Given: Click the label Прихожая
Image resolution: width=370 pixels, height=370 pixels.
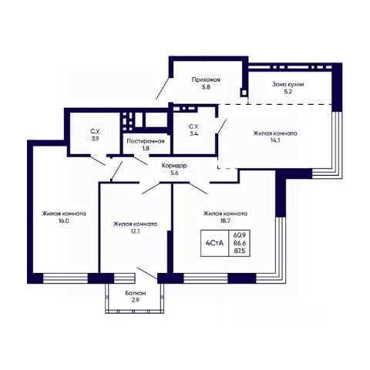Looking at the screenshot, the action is (206, 79).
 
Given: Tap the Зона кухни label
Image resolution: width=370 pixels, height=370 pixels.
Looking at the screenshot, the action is (288, 84).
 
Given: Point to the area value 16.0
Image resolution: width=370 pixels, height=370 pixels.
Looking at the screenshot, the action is (64, 220).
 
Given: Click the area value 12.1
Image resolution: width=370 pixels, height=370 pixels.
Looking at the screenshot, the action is (135, 231).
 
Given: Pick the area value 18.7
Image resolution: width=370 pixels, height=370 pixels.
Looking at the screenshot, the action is (225, 220).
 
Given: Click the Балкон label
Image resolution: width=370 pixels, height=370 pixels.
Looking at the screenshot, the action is (136, 293).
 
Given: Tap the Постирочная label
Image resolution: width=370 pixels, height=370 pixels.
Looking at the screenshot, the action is (146, 141).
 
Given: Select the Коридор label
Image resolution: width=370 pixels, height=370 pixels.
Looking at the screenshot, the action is (174, 166).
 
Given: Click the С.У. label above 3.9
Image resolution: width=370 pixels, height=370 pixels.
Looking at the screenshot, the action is (95, 131).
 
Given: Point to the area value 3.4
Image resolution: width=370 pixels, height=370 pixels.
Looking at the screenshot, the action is (193, 133).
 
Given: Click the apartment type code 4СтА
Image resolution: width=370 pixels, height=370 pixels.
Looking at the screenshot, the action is (214, 243).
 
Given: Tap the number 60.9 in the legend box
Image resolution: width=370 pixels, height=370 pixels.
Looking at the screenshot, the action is (239, 234).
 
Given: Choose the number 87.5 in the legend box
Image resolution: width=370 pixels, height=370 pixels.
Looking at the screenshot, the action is (239, 251).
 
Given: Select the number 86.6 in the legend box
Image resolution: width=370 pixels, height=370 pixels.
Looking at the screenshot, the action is (239, 243).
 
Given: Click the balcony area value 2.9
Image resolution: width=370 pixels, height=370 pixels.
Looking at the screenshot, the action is (136, 300).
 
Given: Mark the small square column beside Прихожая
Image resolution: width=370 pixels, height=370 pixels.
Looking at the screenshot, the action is (244, 92).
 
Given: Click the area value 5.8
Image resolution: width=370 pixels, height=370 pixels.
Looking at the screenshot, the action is (206, 87).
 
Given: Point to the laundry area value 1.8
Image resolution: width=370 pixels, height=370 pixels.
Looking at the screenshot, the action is (146, 148).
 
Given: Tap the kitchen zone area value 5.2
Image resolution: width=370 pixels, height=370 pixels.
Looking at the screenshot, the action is (288, 92).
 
